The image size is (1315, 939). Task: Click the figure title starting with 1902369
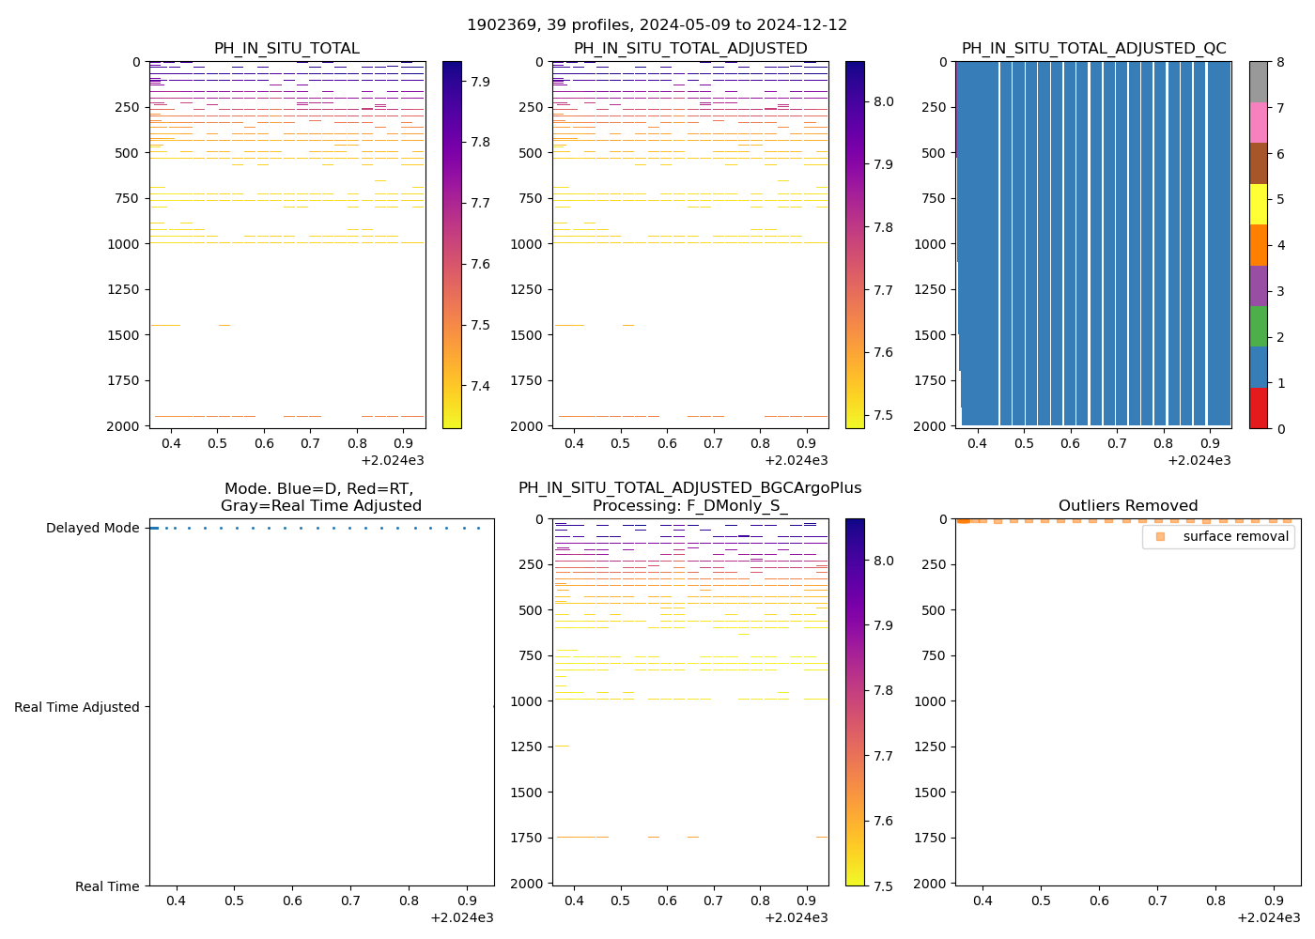pos(657,25)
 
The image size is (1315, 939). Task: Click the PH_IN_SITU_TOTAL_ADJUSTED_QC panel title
pos(1093,48)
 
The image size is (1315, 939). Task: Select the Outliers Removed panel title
pos(1127,505)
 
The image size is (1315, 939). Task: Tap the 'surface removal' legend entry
pos(1235,536)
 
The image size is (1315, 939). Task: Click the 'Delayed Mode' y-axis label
pos(92,528)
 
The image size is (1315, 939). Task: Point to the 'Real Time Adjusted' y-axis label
pos(77,707)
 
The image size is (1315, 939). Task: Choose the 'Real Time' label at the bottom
pos(107,886)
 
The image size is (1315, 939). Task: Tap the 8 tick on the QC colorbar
pos(1279,62)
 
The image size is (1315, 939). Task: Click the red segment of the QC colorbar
pos(1259,408)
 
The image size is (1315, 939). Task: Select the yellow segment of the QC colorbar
pos(1259,205)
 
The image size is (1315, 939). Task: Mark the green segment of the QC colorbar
pos(1259,327)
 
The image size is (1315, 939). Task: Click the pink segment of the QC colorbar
pos(1259,123)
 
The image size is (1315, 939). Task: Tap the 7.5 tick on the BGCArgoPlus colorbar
pos(883,885)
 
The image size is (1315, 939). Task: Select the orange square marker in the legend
pos(1160,536)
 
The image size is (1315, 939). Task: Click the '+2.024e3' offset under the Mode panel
pos(461,917)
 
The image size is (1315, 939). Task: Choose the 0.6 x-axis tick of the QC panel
pos(1070,443)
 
